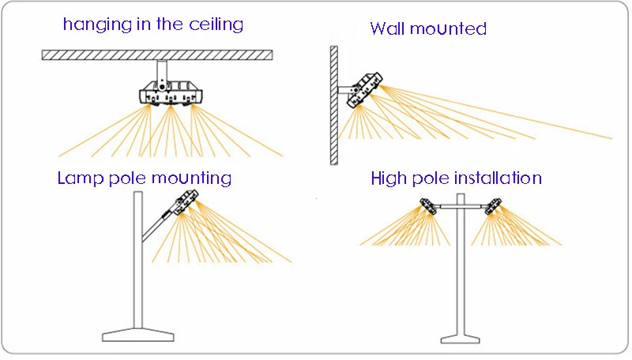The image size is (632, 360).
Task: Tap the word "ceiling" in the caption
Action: point(215,24)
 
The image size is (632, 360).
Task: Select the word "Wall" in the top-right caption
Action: point(389,30)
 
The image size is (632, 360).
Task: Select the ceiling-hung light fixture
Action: point(168,92)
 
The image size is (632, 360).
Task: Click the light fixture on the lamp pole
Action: point(186,201)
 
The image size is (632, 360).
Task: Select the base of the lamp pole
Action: point(137,334)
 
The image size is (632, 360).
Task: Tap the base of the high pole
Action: point(461,334)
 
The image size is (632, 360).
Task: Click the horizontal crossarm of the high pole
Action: point(461,206)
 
